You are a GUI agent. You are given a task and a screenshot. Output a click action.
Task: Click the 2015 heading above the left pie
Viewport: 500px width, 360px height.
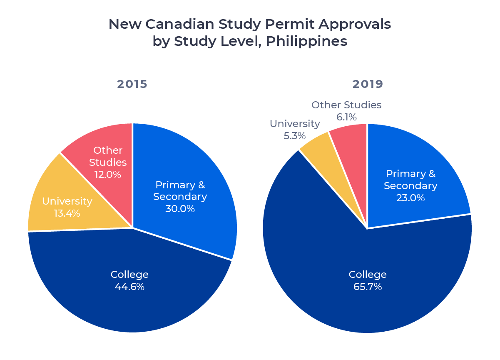pos(132,84)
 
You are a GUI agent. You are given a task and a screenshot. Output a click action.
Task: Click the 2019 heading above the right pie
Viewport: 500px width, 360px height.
pos(367,84)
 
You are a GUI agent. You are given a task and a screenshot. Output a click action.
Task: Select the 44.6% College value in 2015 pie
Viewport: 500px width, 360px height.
pos(129,287)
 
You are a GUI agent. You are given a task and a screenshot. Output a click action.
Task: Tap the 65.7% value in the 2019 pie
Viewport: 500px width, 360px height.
pos(367,287)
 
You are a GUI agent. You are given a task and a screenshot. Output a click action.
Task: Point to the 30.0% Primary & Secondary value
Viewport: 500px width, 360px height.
pos(180,209)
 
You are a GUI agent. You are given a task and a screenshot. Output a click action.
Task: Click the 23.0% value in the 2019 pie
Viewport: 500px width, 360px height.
pos(410,198)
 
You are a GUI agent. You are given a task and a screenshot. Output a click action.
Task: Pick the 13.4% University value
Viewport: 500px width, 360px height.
pos(67,213)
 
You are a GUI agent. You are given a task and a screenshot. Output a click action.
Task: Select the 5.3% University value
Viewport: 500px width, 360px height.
pos(295,136)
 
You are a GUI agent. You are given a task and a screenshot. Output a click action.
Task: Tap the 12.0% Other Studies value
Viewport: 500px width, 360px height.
pos(108,175)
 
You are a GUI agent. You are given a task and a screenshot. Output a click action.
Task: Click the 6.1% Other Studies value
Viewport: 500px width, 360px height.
pos(346,117)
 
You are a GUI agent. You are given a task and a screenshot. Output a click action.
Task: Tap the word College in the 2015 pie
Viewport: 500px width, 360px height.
pos(129,275)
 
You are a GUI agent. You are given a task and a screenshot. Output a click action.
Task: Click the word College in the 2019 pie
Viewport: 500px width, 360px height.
pos(367,275)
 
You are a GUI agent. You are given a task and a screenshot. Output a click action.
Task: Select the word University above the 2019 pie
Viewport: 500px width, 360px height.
pos(295,124)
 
